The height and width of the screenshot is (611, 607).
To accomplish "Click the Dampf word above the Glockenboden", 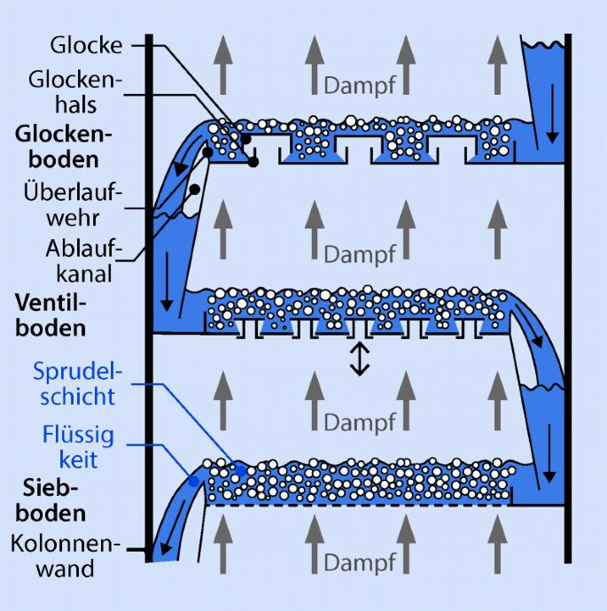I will point(359,85).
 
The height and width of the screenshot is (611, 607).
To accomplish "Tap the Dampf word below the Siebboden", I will point(359,563).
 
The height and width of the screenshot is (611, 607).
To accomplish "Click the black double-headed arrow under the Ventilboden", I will point(358,358).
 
